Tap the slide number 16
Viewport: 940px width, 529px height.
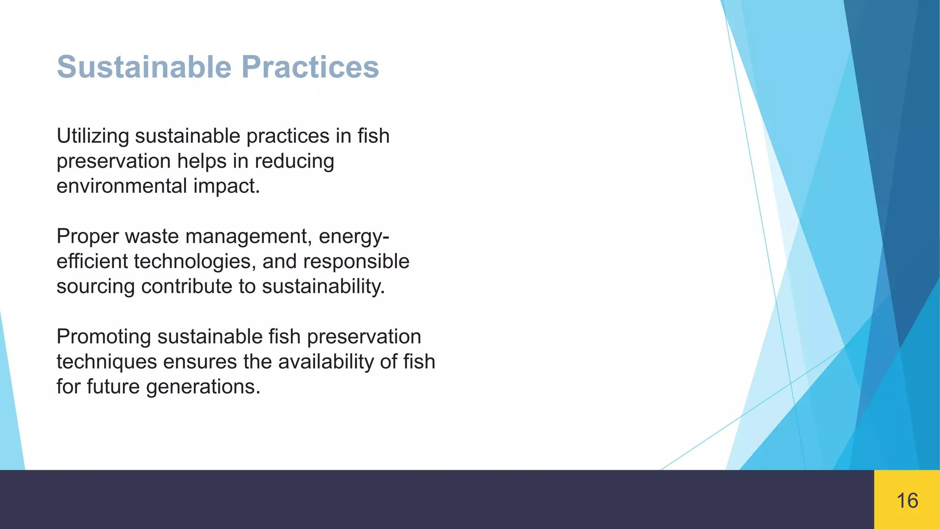(907, 501)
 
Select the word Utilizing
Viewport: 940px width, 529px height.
(93, 136)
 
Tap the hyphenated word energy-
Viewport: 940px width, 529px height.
(354, 237)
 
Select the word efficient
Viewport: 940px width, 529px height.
(92, 262)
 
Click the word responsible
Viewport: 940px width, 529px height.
(356, 262)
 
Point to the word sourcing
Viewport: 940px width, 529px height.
(95, 287)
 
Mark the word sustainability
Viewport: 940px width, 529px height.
(323, 287)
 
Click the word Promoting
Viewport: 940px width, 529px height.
(104, 337)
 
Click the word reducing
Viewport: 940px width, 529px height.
(294, 162)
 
